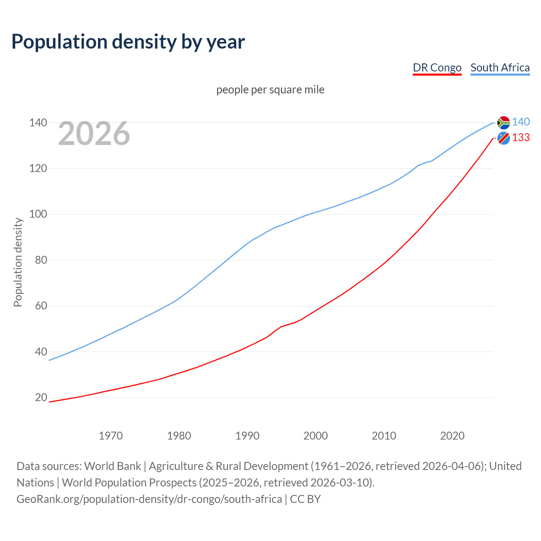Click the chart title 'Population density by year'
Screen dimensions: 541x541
coord(128,41)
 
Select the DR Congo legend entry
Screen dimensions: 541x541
coord(437,68)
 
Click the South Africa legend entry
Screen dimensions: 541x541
coord(500,68)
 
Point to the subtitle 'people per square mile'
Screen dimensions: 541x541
coord(270,90)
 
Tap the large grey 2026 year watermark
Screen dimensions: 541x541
coord(94,134)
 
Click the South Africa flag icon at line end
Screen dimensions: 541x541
coord(503,122)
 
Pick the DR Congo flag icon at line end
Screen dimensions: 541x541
coord(503,138)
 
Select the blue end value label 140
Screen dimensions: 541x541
coord(521,122)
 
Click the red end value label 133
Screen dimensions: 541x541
coord(521,138)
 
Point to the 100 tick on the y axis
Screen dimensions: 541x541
coord(38,214)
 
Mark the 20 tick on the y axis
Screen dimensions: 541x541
coord(41,397)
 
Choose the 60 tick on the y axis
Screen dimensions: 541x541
coord(41,306)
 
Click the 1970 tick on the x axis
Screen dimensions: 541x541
coord(111,436)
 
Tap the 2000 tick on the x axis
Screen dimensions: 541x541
coord(315,436)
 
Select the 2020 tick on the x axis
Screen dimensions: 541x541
coord(452,436)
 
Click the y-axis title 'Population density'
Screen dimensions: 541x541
coord(18,262)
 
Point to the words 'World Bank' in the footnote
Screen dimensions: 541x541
coord(112,466)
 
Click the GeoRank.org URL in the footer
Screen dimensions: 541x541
coord(149,499)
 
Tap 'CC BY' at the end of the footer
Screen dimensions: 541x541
coord(305,499)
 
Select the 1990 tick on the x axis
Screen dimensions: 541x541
coord(247,436)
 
